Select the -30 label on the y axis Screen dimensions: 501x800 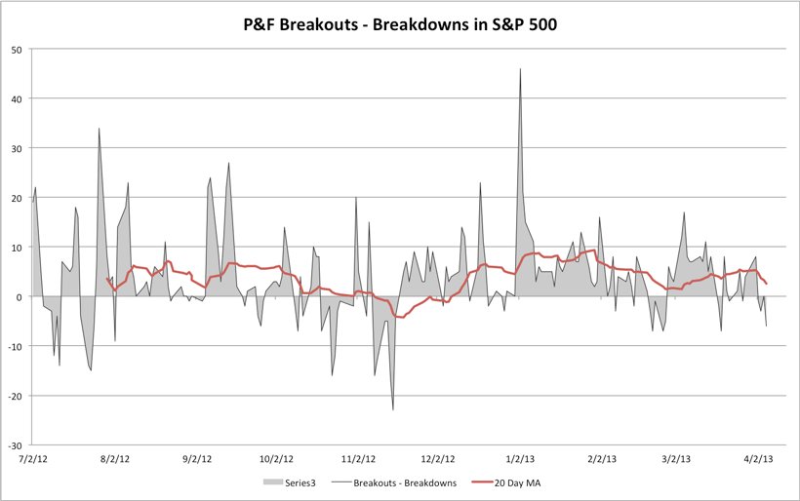click(x=17, y=444)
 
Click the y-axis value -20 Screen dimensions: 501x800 click(x=17, y=395)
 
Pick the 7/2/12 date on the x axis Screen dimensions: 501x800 click(x=33, y=457)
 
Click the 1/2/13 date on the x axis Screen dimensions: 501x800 click(x=520, y=457)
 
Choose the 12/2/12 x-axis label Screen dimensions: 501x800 click(x=438, y=457)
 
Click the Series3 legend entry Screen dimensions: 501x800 click(x=296, y=482)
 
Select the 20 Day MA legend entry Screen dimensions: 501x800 click(x=510, y=482)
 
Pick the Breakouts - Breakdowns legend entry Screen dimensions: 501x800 click(x=403, y=482)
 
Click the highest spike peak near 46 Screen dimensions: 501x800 click(x=521, y=69)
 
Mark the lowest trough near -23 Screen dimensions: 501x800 click(x=393, y=409)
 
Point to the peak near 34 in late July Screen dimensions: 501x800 click(x=99, y=129)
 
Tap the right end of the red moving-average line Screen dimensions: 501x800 click(x=767, y=284)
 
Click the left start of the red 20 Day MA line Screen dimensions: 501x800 click(x=106, y=279)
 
